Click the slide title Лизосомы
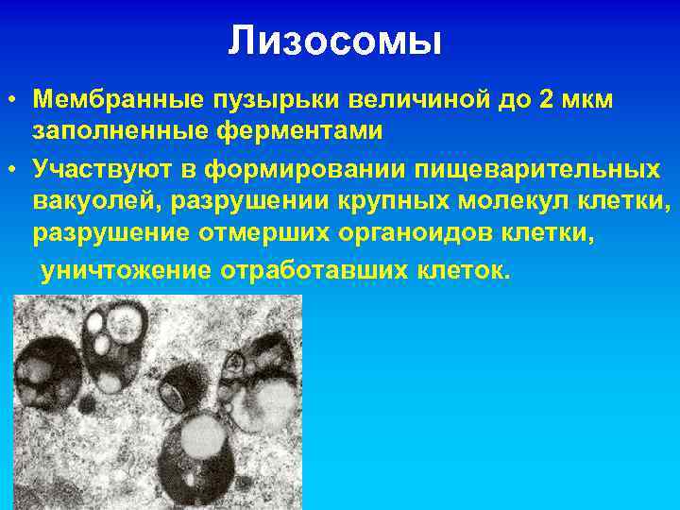click(x=334, y=42)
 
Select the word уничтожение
click(x=124, y=271)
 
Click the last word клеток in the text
click(x=463, y=271)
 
